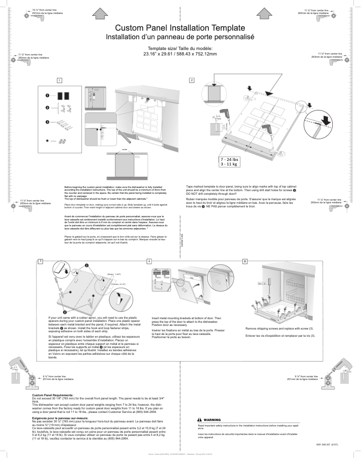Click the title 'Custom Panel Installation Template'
pos(180,28)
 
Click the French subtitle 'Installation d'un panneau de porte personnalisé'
pos(180,37)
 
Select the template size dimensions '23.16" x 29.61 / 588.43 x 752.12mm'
pos(180,54)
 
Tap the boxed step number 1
pos(59,80)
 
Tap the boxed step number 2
pos(192,80)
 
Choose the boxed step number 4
pos(149,261)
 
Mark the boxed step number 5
pos(245,261)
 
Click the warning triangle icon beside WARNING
pos(200,419)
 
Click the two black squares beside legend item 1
pos(63,96)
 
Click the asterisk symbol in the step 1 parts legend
pos(47,141)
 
